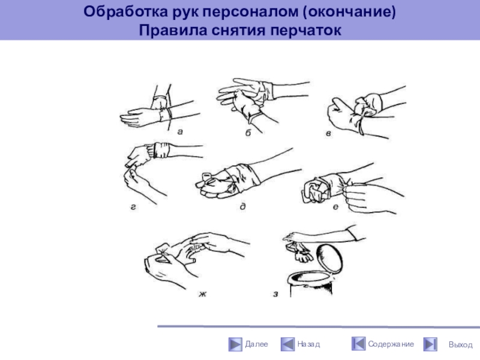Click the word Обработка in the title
(126, 12)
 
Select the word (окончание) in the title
(349, 12)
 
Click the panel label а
(180, 132)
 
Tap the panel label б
(248, 133)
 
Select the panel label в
(328, 133)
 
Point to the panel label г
(133, 207)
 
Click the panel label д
(243, 206)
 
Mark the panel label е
(335, 207)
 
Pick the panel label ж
(202, 294)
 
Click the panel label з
(275, 294)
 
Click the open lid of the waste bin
(329, 259)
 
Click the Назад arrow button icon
(287, 344)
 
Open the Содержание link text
(391, 344)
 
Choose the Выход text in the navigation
(460, 344)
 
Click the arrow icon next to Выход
(430, 344)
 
